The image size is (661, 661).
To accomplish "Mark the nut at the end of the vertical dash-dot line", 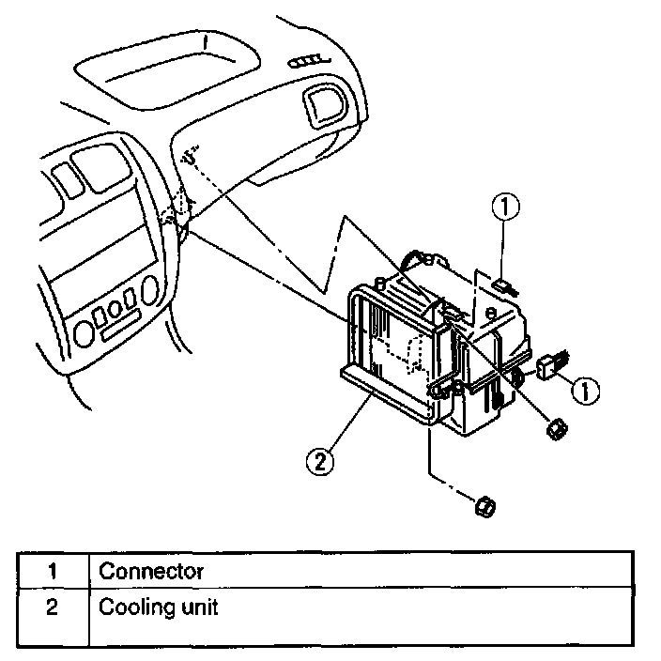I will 485,507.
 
